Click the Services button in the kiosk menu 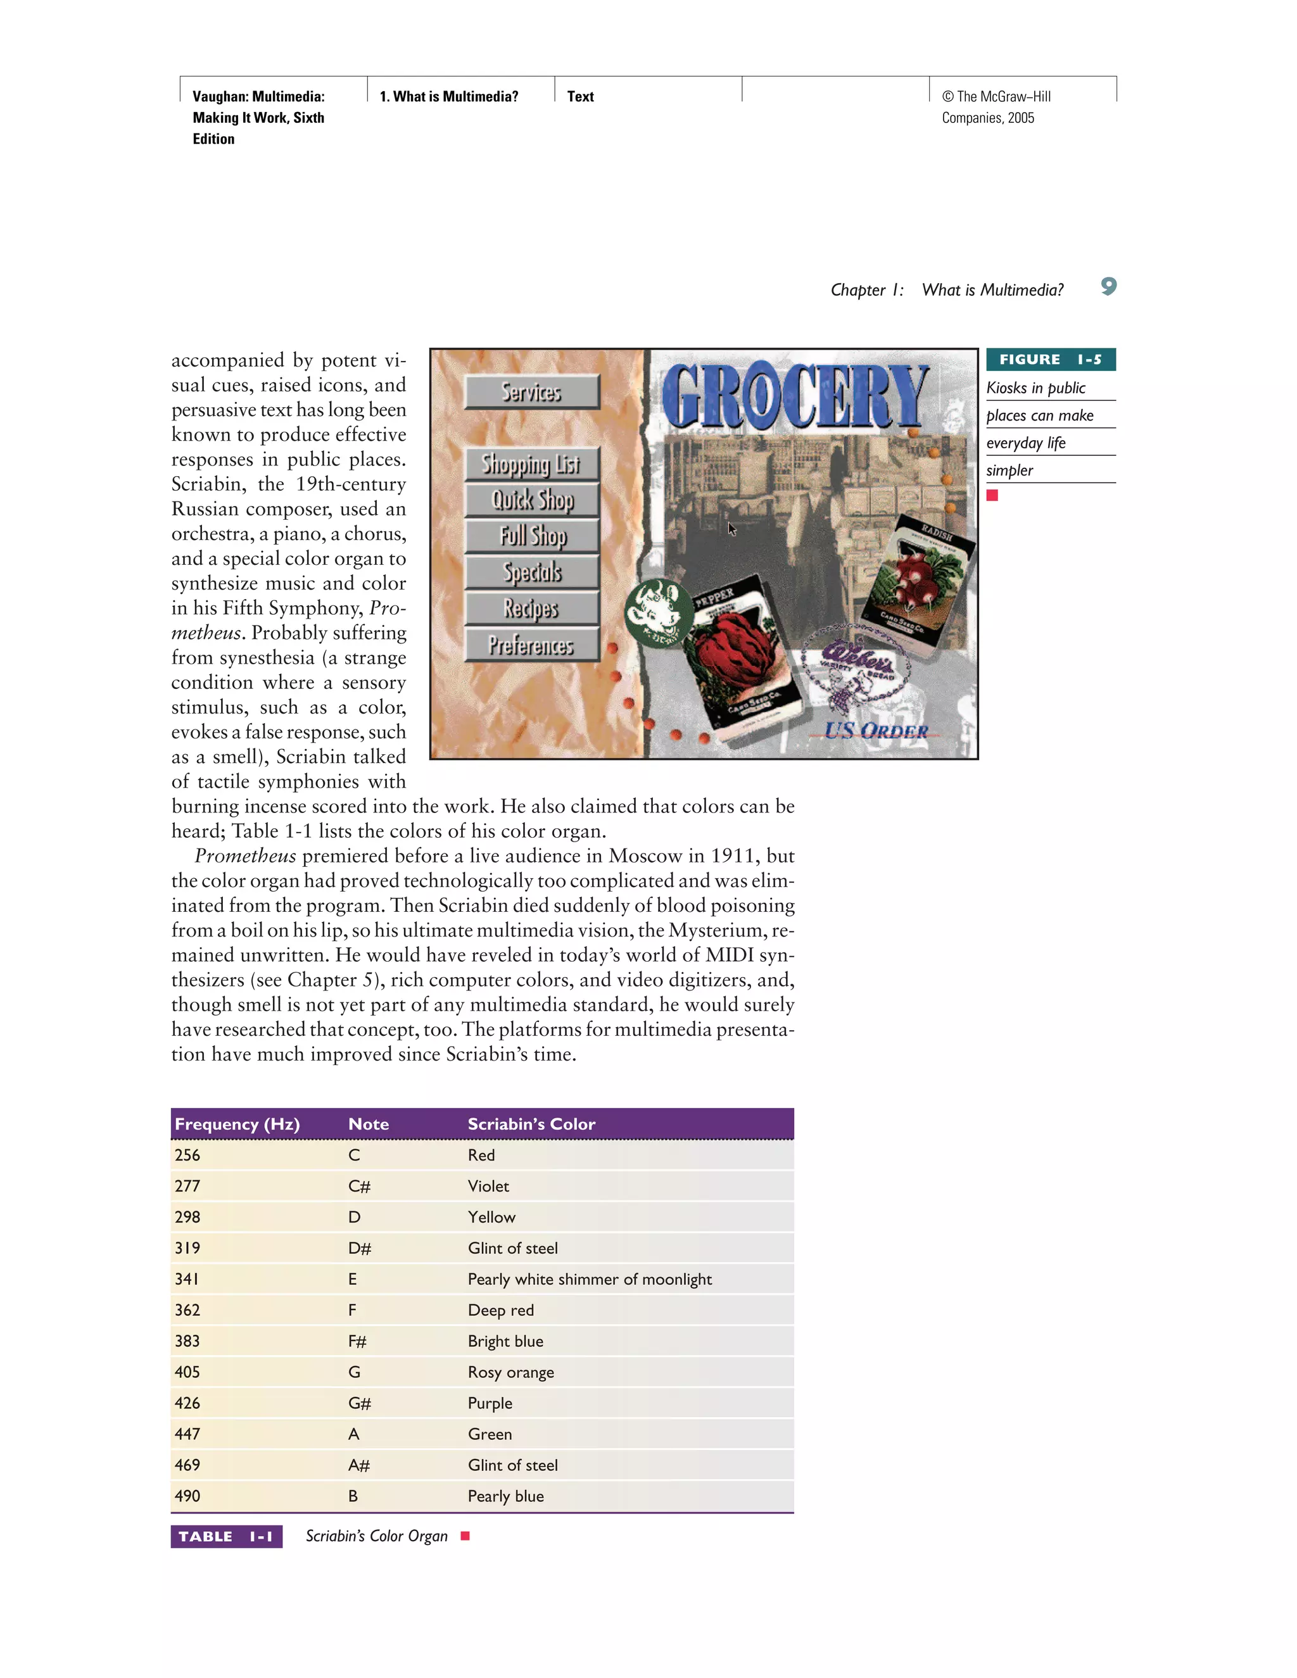coord(532,392)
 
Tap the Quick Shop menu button coord(532,500)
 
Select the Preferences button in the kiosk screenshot coord(532,645)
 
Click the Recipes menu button coord(532,609)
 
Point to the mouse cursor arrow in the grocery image coord(731,528)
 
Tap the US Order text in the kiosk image coord(876,730)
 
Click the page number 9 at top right coord(1108,287)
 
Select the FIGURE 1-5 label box coord(1051,360)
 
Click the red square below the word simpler coord(992,496)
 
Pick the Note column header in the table coord(368,1124)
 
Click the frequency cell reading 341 coord(187,1279)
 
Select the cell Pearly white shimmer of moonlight coord(590,1279)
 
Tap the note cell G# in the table coord(359,1403)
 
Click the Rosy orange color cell coord(510,1372)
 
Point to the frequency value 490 coord(187,1496)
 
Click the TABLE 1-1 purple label coord(226,1537)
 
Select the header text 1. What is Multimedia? coord(449,97)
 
